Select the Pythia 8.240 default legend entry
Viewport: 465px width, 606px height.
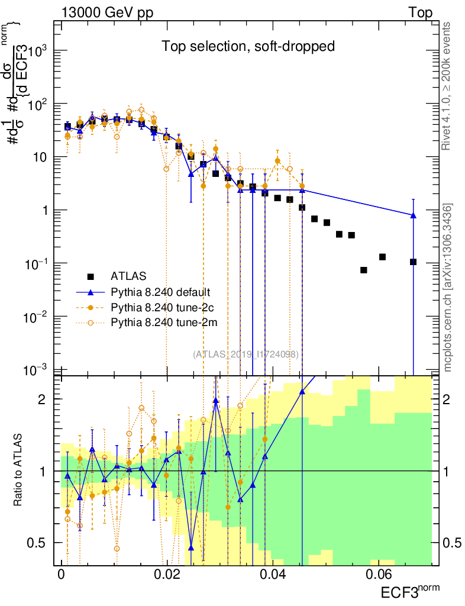click(x=160, y=292)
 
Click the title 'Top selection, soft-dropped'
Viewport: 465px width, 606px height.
click(x=248, y=47)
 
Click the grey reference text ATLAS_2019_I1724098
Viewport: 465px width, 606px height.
click(x=246, y=354)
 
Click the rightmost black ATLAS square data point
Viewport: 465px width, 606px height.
click(x=413, y=262)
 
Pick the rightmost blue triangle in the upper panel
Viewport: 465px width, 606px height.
click(x=413, y=215)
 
